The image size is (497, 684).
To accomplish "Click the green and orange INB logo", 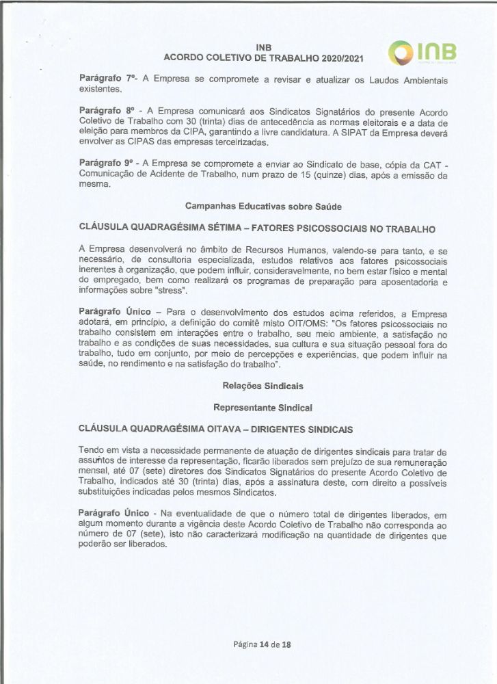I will [x=422, y=53].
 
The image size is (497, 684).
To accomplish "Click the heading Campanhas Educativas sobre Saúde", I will [x=263, y=206].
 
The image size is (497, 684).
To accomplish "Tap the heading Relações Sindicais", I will [x=263, y=386].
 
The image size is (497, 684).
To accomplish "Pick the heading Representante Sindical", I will [x=263, y=408].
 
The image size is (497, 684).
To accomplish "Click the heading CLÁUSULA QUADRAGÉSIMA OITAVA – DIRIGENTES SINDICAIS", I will [x=216, y=429].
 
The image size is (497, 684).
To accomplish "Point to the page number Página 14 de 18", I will [x=262, y=644].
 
